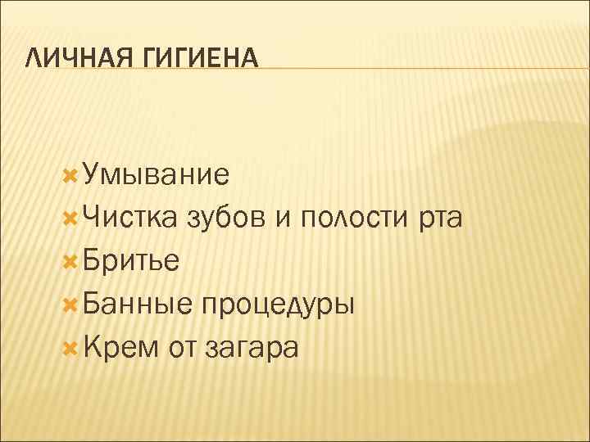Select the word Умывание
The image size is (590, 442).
coord(155,174)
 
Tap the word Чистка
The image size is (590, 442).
coord(126,218)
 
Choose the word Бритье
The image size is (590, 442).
coord(130,261)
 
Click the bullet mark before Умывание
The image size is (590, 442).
coord(70,174)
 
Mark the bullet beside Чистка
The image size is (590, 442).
coord(70,218)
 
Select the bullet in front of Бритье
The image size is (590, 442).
coord(70,261)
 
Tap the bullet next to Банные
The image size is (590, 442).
coord(70,304)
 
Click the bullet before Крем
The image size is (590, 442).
coord(70,348)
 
